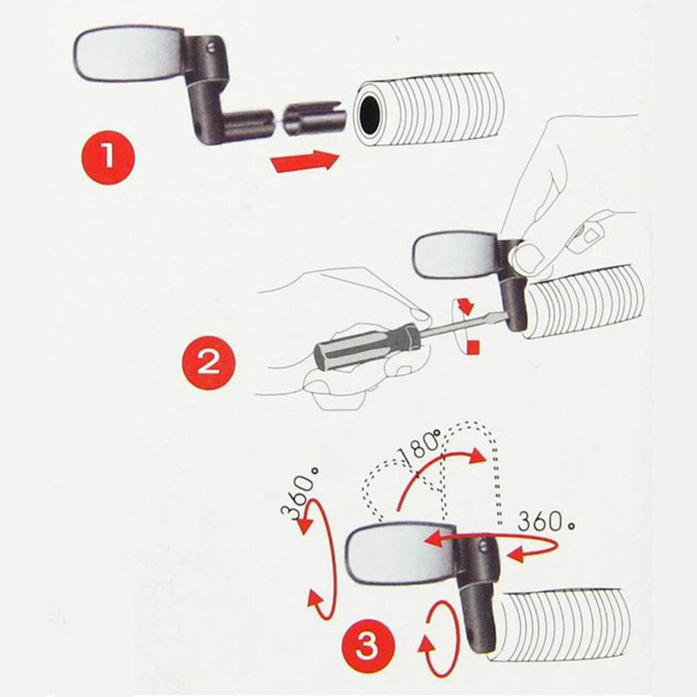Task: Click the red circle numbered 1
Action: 108,157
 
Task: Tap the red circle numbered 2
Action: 209,362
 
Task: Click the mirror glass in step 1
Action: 127,54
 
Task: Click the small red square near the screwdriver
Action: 474,347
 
